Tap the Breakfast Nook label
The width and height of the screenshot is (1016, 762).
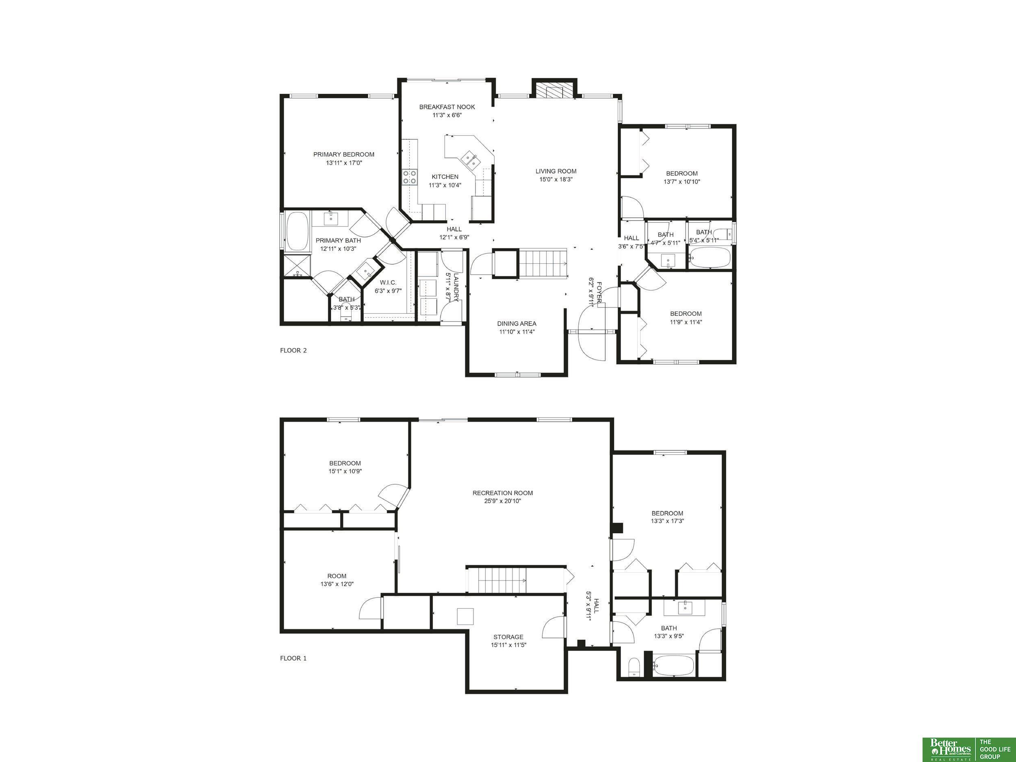click(447, 107)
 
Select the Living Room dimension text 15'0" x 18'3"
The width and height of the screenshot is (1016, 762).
click(556, 180)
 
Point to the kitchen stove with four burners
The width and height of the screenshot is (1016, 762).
click(410, 177)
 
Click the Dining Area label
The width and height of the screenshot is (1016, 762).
click(517, 324)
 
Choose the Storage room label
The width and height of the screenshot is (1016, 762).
click(508, 637)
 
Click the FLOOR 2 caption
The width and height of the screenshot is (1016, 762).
click(293, 350)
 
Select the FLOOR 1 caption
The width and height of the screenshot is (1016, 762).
click(293, 658)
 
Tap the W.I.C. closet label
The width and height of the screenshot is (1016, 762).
click(388, 282)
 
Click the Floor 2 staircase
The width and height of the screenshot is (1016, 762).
click(543, 263)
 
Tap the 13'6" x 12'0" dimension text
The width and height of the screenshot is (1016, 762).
click(337, 584)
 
